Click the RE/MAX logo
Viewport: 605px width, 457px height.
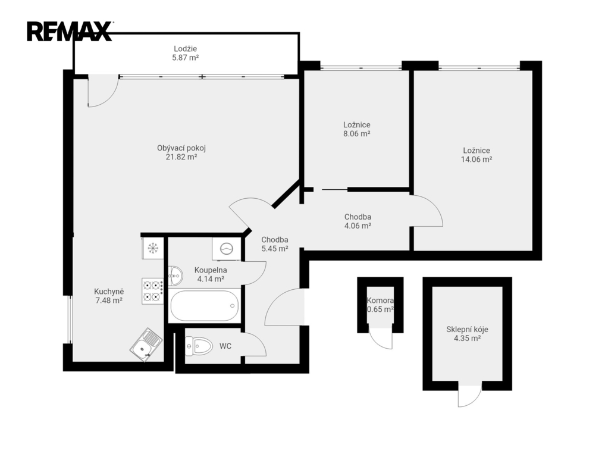[x=70, y=32]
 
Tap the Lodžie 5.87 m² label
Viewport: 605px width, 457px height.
[x=186, y=54]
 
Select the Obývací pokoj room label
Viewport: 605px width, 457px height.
[x=181, y=152]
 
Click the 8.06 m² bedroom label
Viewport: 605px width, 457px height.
[x=357, y=129]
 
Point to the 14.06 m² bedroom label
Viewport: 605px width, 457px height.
[x=477, y=155]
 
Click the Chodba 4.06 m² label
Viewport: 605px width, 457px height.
[x=358, y=221]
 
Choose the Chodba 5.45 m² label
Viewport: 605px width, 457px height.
[x=275, y=245]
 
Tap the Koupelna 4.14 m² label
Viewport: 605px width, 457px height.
[x=211, y=274]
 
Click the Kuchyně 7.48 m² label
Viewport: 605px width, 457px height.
[x=109, y=296]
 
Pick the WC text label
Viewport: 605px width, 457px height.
[x=225, y=346]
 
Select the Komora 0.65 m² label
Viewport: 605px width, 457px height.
[x=380, y=305]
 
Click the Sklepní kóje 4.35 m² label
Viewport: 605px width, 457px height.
[x=467, y=334]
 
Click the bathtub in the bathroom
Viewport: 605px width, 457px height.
[x=203, y=306]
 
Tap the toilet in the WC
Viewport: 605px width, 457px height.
[x=199, y=346]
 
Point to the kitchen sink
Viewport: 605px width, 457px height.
[x=146, y=345]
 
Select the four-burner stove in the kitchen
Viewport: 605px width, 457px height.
[x=153, y=291]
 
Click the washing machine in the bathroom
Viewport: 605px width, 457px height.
[x=226, y=249]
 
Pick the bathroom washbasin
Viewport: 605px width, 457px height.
[x=175, y=275]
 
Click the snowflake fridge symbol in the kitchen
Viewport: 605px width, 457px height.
[x=153, y=248]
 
